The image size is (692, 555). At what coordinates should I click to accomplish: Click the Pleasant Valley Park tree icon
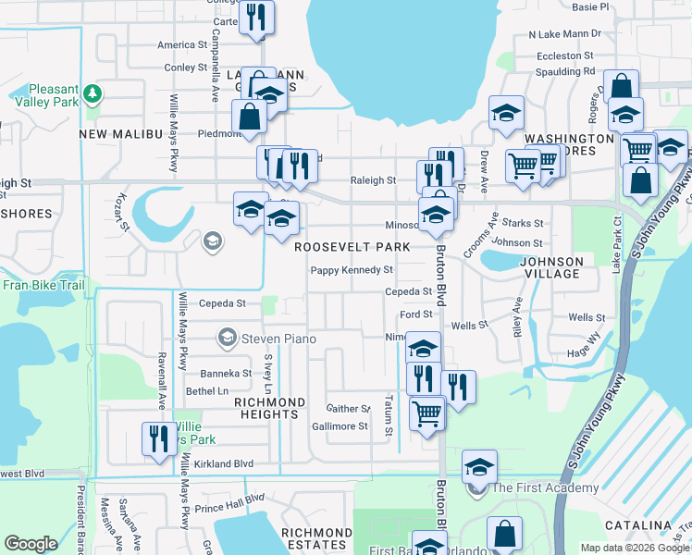point(92,94)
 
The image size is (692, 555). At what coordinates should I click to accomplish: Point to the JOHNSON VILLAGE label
point(553,267)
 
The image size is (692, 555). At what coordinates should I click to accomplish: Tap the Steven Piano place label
point(278,339)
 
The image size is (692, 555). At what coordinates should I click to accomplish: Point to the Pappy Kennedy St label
point(352,270)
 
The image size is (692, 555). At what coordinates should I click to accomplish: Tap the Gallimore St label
point(340,426)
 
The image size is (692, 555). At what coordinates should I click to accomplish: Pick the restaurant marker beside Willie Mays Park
point(155,438)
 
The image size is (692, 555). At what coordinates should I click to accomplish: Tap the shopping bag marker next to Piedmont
point(249,117)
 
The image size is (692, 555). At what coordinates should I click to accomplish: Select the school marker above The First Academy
point(479,466)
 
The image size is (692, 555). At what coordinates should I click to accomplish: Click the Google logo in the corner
point(31,544)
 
